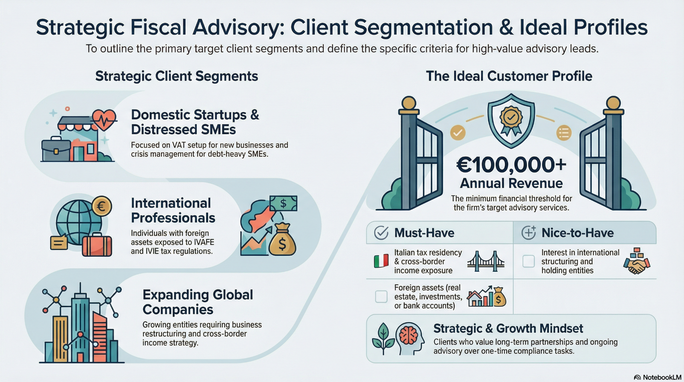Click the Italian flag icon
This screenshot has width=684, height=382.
point(381,261)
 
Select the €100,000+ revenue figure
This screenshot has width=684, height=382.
point(511,165)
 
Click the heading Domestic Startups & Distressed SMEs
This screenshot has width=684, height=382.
point(195,122)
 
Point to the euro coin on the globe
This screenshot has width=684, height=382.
point(102,206)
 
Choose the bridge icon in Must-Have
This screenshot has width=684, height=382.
point(486,261)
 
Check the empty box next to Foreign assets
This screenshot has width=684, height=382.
point(381,296)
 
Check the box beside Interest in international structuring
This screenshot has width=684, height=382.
point(528,261)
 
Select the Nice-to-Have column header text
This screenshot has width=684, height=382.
point(577,233)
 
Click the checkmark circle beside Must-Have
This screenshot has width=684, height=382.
point(381,233)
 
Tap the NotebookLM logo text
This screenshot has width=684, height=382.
point(662,377)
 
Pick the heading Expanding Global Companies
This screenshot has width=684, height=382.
point(198,302)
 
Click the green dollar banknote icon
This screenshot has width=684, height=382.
point(284,203)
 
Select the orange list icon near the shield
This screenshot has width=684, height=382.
point(564,133)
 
